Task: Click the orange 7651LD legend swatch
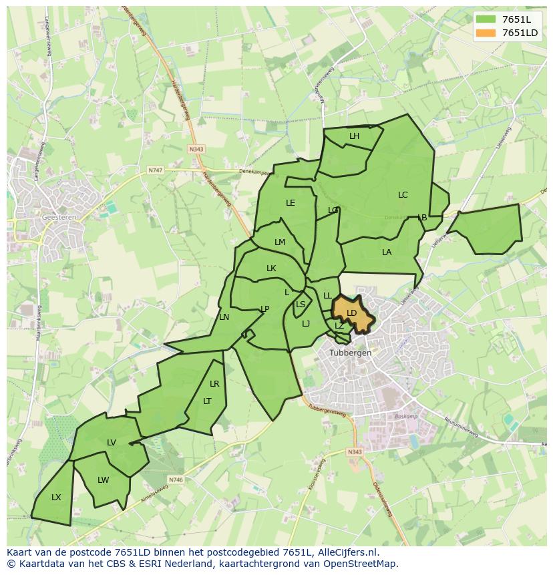(x=486, y=33)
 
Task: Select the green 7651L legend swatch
(x=486, y=19)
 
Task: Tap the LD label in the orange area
(x=352, y=313)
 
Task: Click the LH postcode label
(x=354, y=136)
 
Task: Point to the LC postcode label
(x=403, y=195)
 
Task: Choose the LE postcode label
(x=291, y=203)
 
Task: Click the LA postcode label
(x=387, y=252)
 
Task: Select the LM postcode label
(x=280, y=242)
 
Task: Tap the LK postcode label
(x=271, y=268)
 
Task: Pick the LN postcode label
(x=224, y=317)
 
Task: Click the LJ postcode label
(x=306, y=324)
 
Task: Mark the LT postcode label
(x=207, y=401)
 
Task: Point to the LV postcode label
(x=112, y=443)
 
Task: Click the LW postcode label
(x=103, y=480)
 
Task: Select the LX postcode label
(x=56, y=498)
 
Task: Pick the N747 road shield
(x=155, y=170)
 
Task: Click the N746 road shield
(x=176, y=480)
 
